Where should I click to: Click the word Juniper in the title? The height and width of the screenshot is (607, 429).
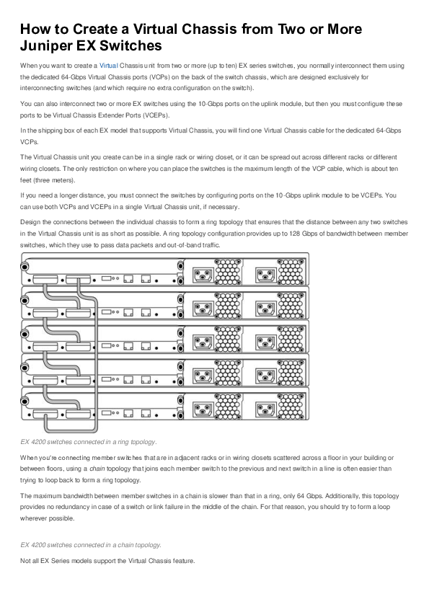(50, 46)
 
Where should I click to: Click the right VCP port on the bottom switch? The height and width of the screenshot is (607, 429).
(79, 402)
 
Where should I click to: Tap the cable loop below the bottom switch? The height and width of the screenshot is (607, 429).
(61, 425)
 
